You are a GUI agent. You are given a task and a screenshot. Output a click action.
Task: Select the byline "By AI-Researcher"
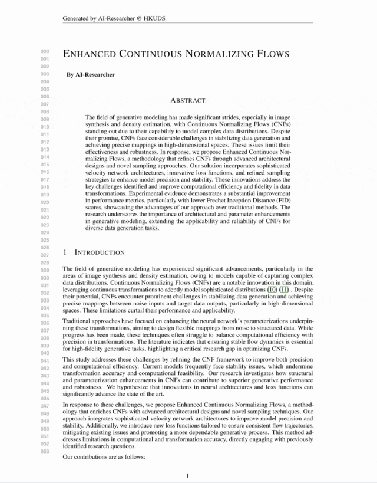(90, 75)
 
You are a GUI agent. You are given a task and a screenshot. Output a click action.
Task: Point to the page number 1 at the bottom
(187, 475)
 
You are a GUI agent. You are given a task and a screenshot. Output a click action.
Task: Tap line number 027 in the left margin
(45, 256)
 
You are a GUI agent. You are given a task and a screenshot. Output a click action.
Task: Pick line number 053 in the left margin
(45, 452)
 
